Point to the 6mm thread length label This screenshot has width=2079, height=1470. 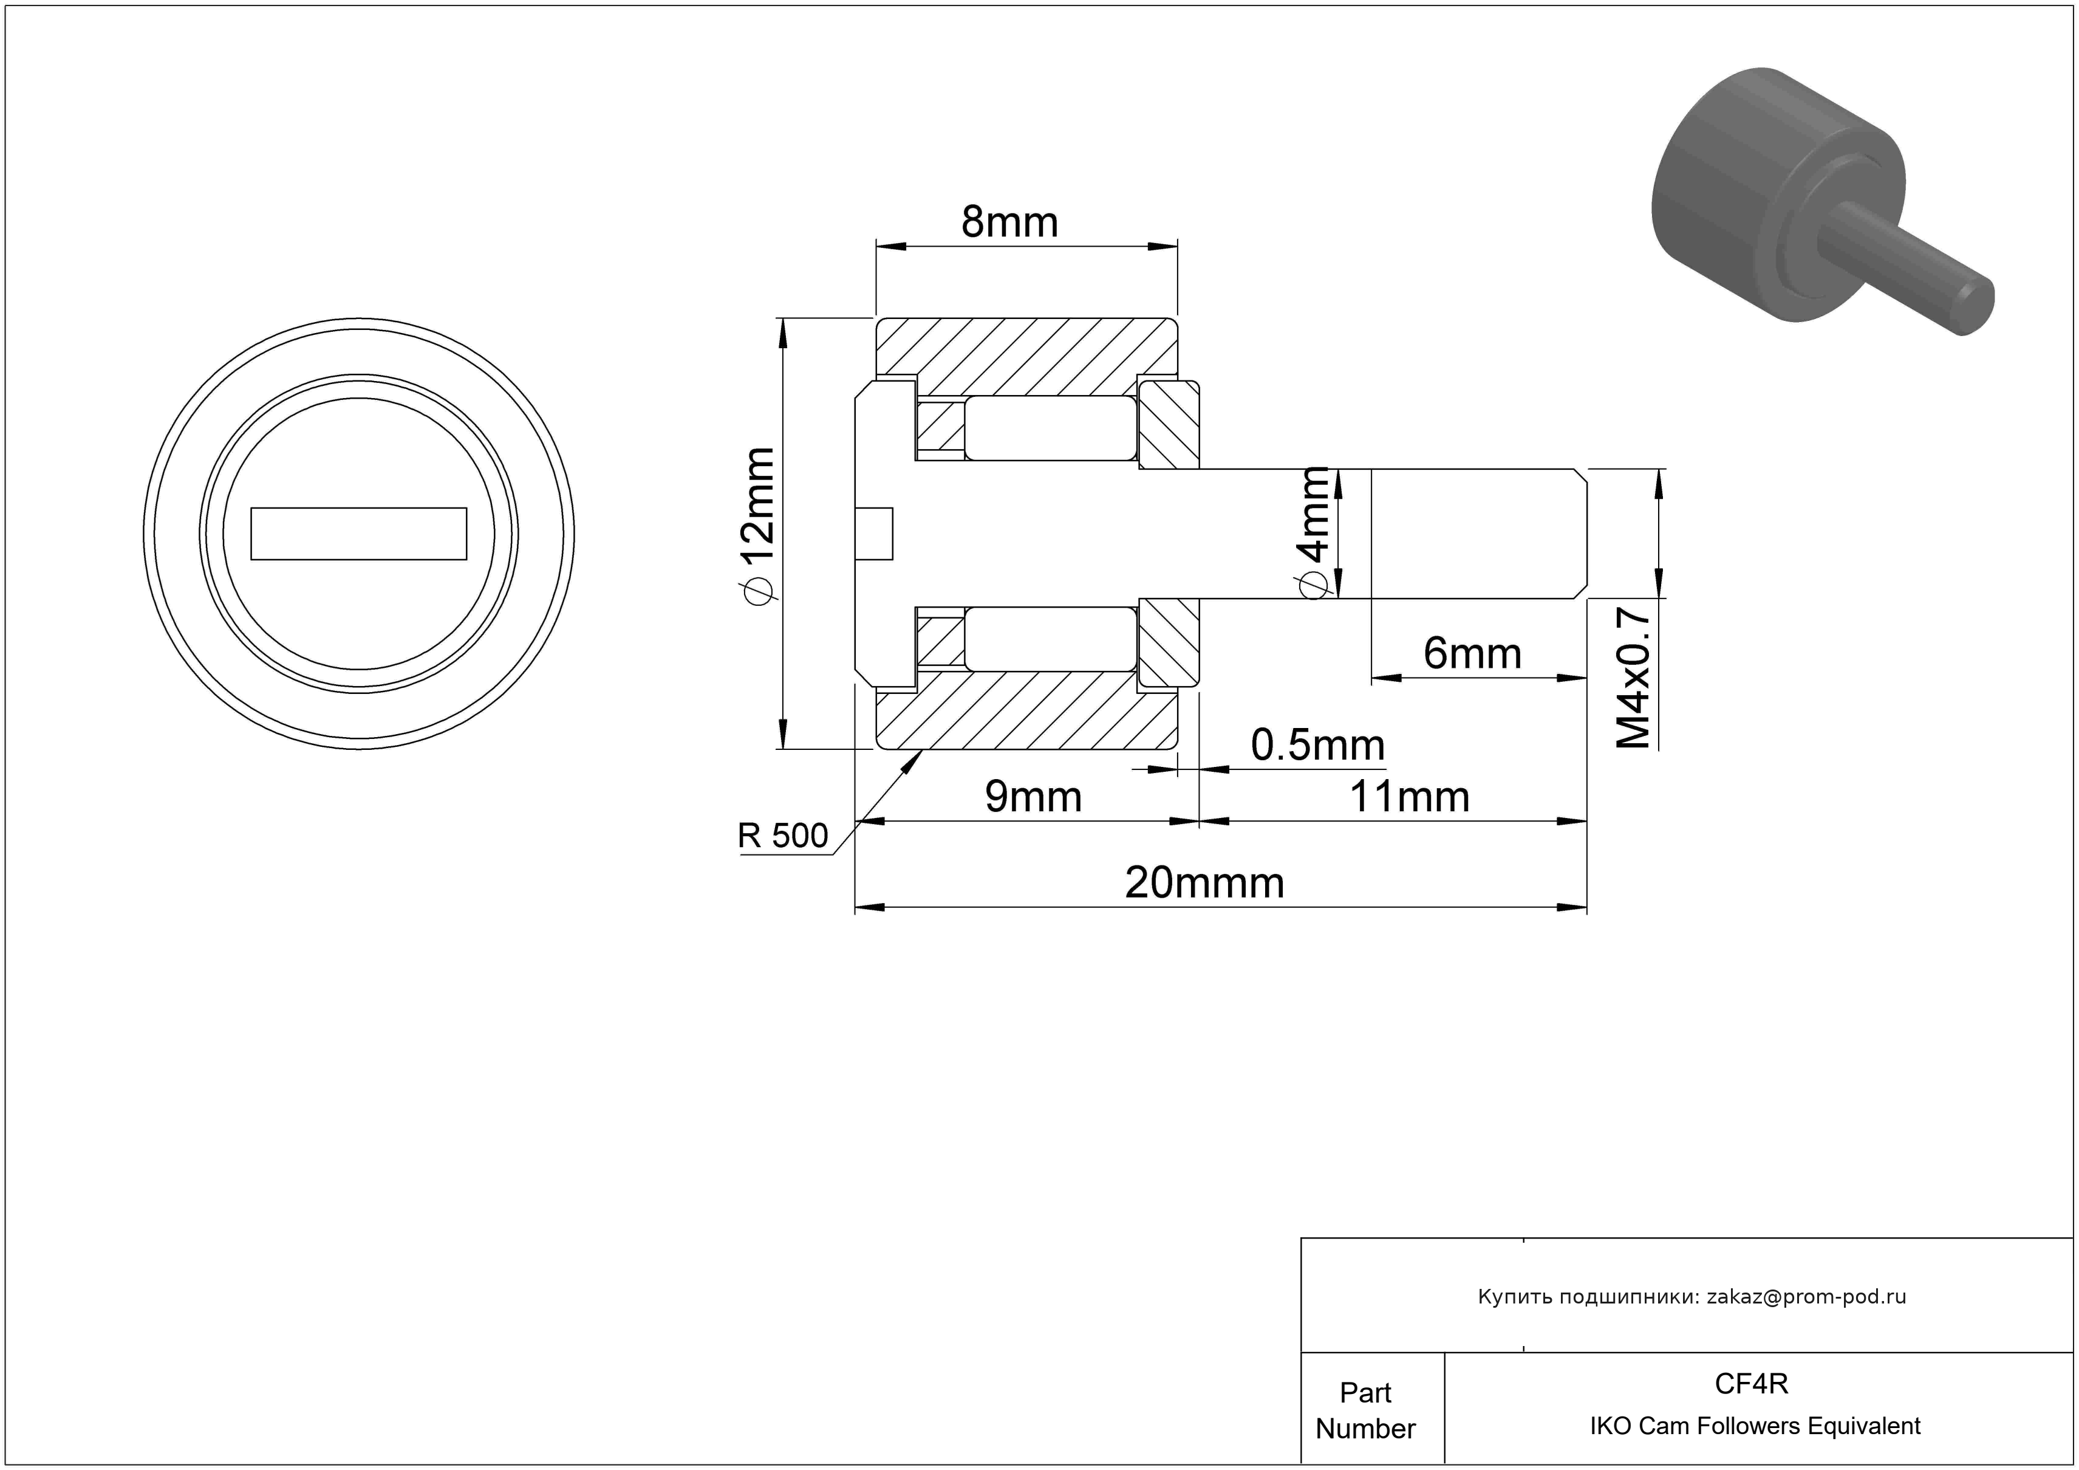tap(1472, 653)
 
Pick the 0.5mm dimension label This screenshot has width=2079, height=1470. tap(1317, 746)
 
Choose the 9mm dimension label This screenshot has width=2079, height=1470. tap(1033, 797)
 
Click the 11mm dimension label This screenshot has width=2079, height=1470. tap(1409, 797)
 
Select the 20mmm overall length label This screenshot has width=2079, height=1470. tap(1204, 883)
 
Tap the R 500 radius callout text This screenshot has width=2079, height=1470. tap(782, 835)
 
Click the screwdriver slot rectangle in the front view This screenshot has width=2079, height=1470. tap(358, 534)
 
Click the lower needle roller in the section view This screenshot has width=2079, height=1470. tap(1050, 639)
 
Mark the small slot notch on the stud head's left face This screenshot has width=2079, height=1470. tap(874, 534)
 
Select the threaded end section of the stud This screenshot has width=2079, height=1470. tap(1479, 534)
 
